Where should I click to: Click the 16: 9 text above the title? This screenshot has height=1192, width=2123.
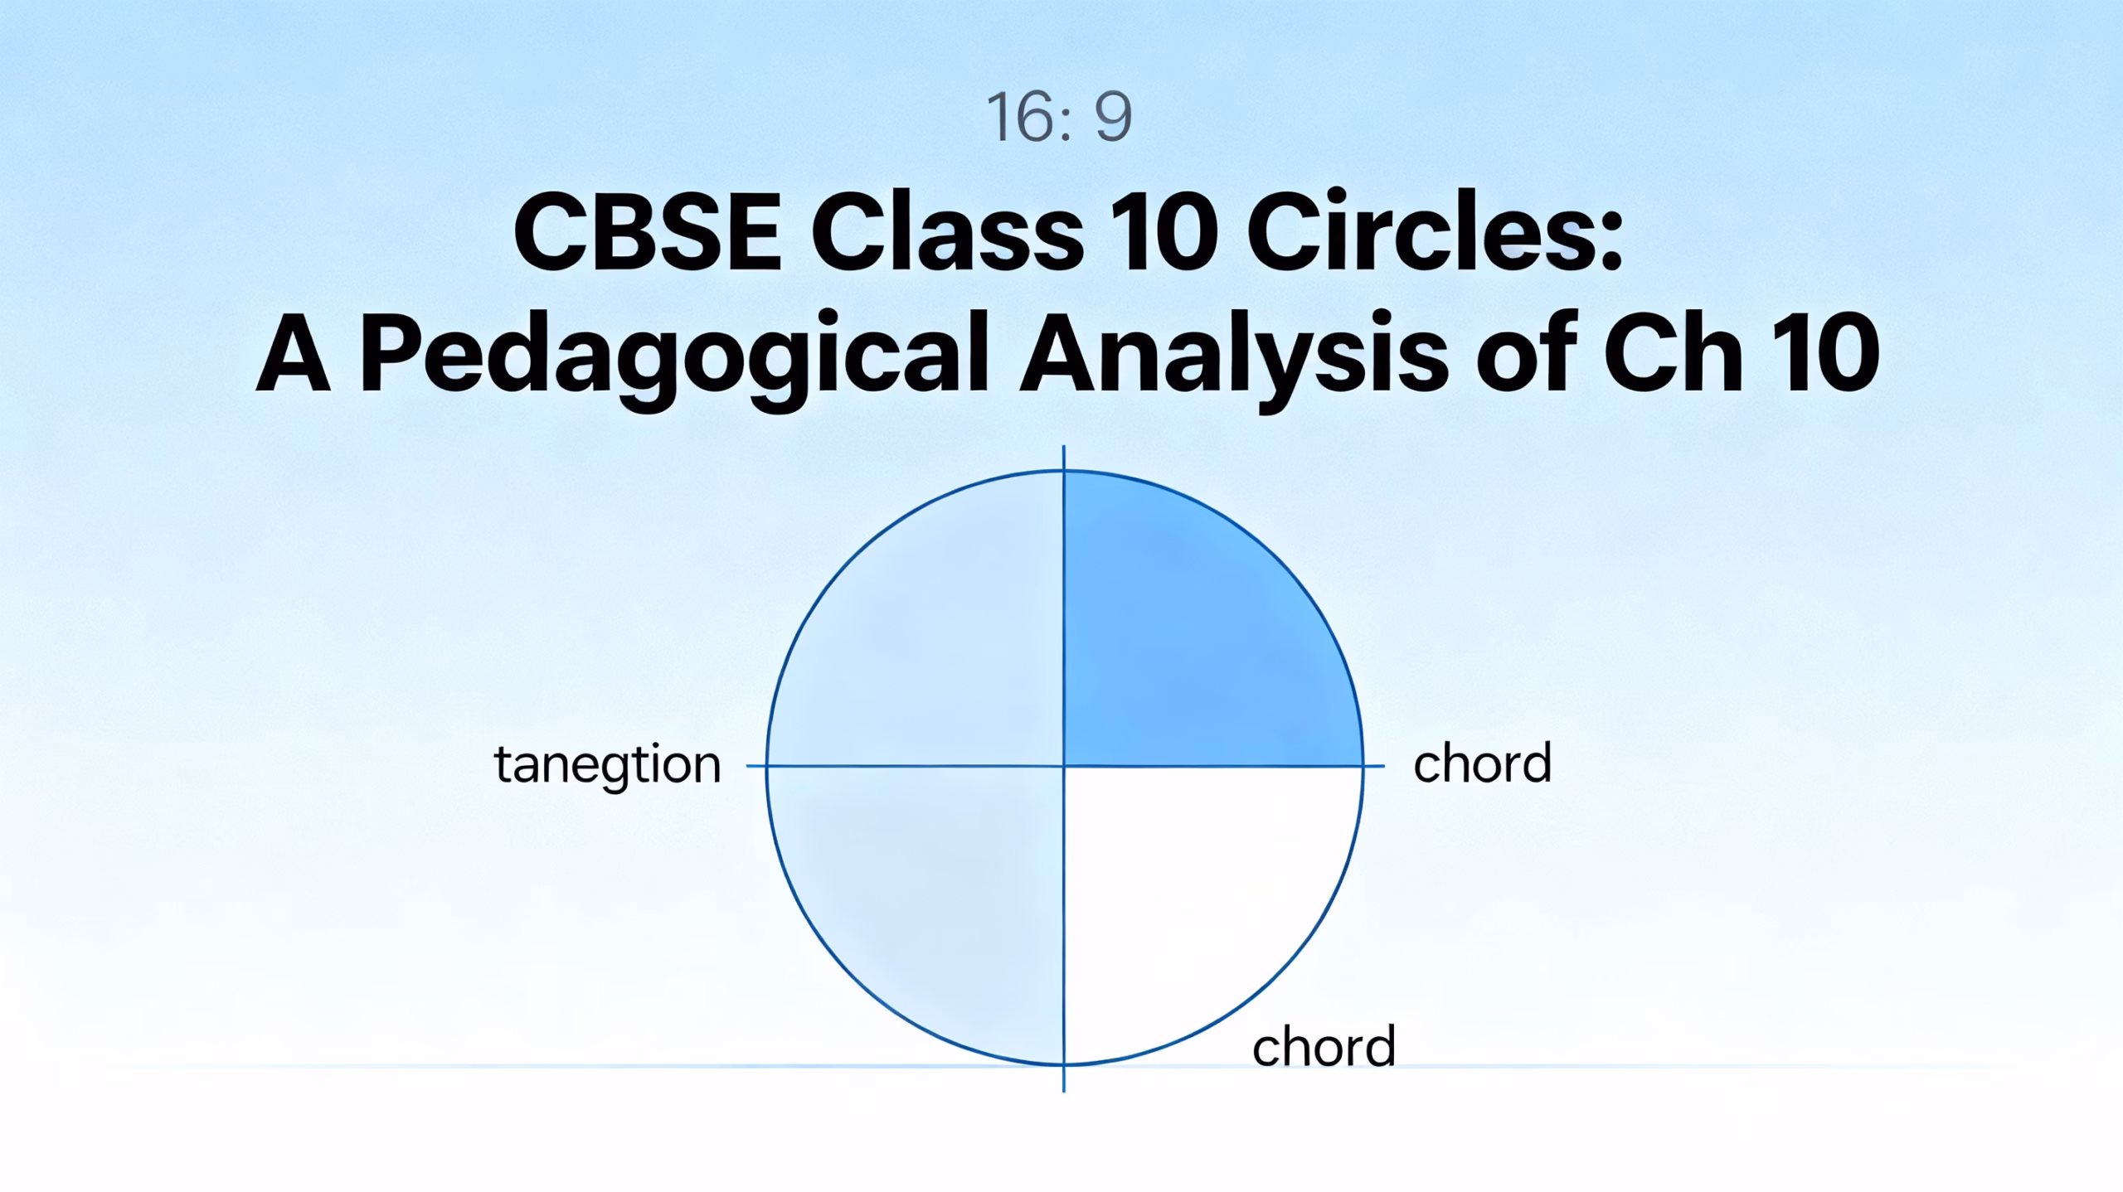click(1059, 117)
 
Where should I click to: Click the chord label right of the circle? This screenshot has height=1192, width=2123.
click(1482, 763)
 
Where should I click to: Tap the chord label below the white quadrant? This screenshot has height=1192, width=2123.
click(1324, 1046)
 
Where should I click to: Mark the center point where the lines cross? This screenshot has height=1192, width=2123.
click(1064, 767)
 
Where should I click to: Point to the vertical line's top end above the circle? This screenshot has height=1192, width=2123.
click(1064, 446)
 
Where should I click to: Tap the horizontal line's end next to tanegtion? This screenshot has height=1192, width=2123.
click(748, 767)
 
